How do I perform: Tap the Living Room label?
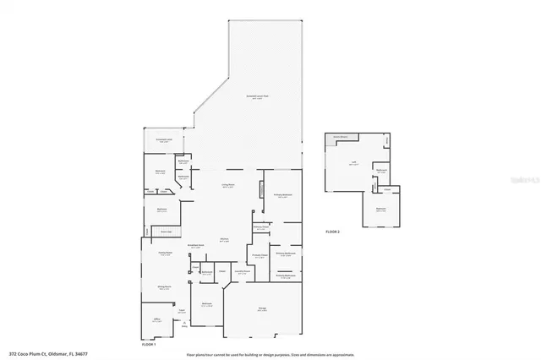click(228, 186)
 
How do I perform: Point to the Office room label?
click(156, 320)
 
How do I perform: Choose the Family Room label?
click(165, 253)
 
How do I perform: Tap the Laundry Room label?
click(243, 272)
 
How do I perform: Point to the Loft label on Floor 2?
click(353, 164)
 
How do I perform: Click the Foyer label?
click(182, 311)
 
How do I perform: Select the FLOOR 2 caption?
click(332, 232)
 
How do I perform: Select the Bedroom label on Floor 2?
click(381, 210)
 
